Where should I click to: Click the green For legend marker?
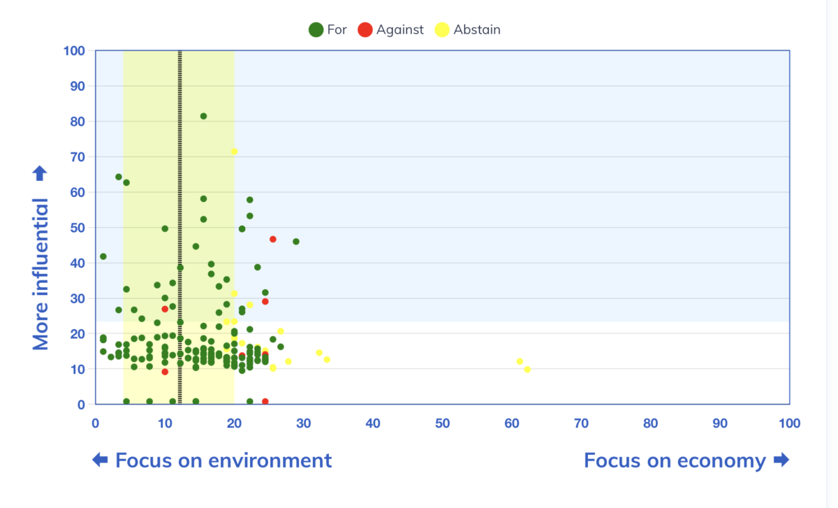click(x=316, y=29)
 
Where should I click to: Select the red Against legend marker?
click(x=365, y=29)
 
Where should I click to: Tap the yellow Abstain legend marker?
click(x=442, y=29)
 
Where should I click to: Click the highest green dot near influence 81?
click(x=203, y=116)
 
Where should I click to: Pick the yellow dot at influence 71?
click(x=234, y=151)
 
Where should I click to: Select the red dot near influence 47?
click(x=273, y=239)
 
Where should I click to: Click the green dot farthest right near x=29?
click(x=296, y=242)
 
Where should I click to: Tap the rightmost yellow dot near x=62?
click(x=527, y=369)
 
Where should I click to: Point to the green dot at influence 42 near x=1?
click(x=103, y=256)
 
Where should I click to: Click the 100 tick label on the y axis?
click(x=74, y=50)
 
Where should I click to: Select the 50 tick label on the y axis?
click(x=78, y=228)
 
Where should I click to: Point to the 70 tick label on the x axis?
click(x=581, y=423)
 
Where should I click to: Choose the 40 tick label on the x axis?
click(x=373, y=423)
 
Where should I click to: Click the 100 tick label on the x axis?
click(x=789, y=423)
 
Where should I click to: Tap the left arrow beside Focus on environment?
click(x=100, y=459)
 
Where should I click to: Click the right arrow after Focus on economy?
click(x=781, y=459)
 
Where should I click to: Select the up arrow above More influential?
click(x=40, y=173)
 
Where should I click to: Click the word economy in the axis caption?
click(x=721, y=460)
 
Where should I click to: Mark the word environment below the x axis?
click(x=270, y=460)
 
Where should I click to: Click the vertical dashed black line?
click(x=180, y=227)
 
